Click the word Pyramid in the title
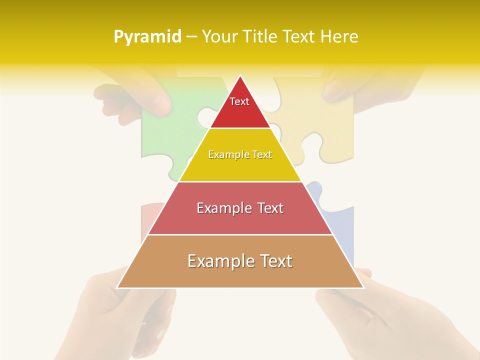(147, 37)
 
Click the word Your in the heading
(219, 37)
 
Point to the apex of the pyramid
(240, 76)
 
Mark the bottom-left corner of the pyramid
(117, 287)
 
